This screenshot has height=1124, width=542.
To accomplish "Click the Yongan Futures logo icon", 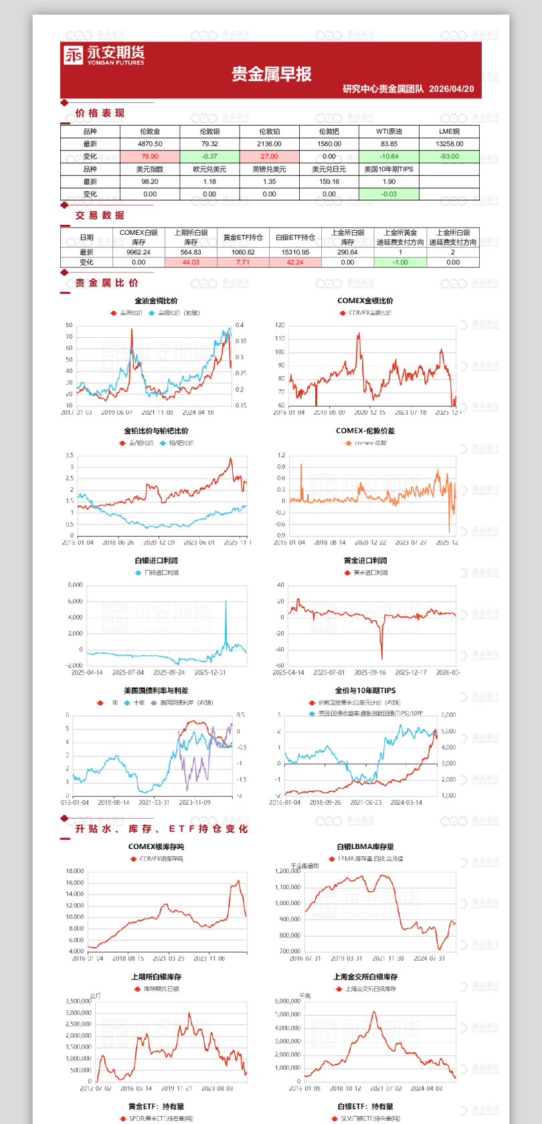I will point(73,55).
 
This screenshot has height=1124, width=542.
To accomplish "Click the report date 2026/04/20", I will point(451,89).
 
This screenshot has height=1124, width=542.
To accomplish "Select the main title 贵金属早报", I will point(272,74).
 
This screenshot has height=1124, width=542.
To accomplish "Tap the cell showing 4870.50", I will point(150,144).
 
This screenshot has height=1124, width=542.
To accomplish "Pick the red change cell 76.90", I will point(150,157).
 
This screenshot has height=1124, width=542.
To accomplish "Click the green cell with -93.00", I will point(449,157).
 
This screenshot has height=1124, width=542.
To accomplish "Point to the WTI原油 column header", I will point(389,132).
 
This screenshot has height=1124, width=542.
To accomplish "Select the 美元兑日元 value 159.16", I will point(329,181).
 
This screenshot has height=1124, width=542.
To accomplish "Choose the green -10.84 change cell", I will point(389,157).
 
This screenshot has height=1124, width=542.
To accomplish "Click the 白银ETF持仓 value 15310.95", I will point(295,252).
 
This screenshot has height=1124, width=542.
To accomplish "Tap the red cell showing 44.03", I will point(191,262).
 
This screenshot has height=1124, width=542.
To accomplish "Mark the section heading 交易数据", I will point(100,215).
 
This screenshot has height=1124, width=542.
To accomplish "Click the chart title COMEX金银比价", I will point(365,301).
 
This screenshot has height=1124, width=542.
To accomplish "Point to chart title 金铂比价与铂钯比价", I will point(156,431).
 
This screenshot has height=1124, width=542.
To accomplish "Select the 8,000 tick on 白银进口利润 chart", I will point(76,585).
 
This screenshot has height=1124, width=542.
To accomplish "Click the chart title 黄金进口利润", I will point(365,561).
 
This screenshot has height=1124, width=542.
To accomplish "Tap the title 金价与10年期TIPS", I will point(365,690).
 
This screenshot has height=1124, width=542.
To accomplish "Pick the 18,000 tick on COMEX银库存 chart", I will point(75,871).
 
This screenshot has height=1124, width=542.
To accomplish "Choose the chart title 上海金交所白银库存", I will point(365,977).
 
